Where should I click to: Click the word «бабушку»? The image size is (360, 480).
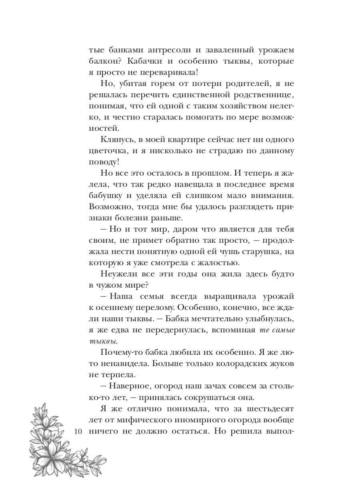(x=104, y=196)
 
